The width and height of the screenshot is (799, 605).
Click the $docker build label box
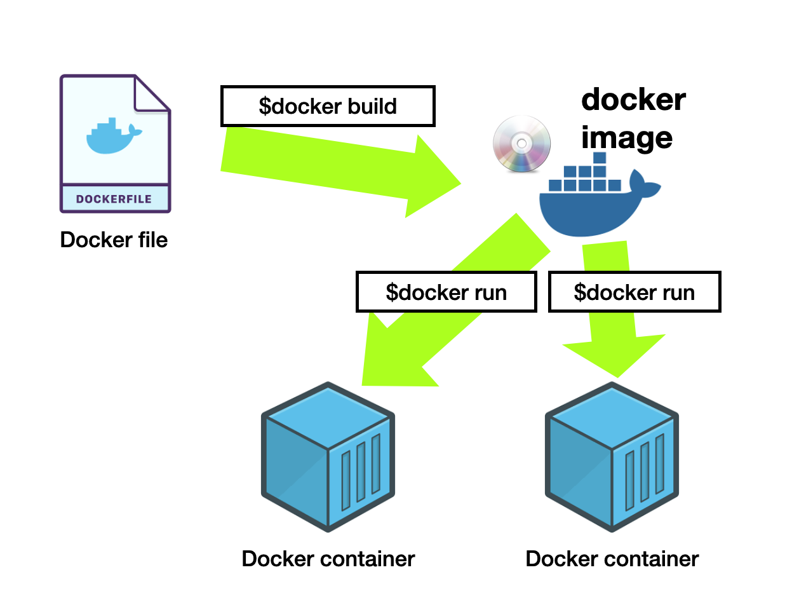[327, 105]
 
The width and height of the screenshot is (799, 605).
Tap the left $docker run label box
[446, 292]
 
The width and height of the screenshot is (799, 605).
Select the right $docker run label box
[634, 292]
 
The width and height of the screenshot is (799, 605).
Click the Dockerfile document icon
[115, 143]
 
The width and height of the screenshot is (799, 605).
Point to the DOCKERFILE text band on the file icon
[115, 199]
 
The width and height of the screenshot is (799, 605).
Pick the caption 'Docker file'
[114, 240]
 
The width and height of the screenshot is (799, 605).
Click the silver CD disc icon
[522, 144]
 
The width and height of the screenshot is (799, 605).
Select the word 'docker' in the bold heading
[633, 100]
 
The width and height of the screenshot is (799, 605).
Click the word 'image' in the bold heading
[627, 137]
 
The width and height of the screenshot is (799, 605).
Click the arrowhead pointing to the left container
[387, 362]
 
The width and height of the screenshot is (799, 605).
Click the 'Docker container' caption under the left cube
[328, 559]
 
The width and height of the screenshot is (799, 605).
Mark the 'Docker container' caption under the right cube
[612, 559]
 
